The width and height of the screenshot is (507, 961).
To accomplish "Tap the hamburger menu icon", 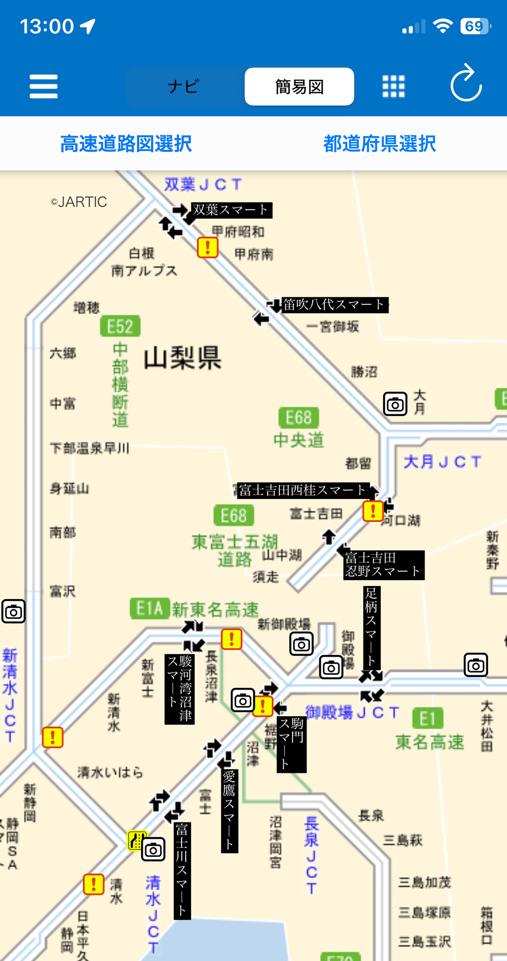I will click(x=44, y=86).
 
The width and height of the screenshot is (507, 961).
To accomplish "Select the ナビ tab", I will click(x=184, y=87).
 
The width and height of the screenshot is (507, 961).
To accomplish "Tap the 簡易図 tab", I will click(x=299, y=87).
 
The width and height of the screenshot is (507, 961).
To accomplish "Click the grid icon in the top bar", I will click(x=393, y=87).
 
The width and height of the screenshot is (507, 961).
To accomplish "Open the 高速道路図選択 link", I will click(x=126, y=144).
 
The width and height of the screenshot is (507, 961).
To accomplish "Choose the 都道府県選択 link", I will click(x=379, y=144).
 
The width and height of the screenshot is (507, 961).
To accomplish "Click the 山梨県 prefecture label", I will click(x=182, y=358).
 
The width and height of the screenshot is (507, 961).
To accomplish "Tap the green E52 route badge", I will click(x=120, y=326).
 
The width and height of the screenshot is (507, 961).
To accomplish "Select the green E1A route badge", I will click(x=149, y=608).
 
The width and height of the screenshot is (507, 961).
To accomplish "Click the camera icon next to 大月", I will click(x=395, y=404).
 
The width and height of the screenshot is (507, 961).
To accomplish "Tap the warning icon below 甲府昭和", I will click(x=208, y=247).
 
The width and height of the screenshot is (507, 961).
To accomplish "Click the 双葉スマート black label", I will click(x=231, y=210).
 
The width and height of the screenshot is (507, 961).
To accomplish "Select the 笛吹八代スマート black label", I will click(x=334, y=304).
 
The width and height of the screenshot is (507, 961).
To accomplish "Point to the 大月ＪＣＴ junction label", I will click(x=442, y=461).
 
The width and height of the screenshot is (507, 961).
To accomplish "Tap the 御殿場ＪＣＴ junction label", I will click(x=352, y=712).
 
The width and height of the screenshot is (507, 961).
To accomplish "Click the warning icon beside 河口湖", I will click(x=373, y=511).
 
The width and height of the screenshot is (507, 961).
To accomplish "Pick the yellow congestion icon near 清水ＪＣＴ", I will click(x=137, y=840).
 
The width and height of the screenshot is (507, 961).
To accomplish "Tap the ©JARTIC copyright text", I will click(x=79, y=202).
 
